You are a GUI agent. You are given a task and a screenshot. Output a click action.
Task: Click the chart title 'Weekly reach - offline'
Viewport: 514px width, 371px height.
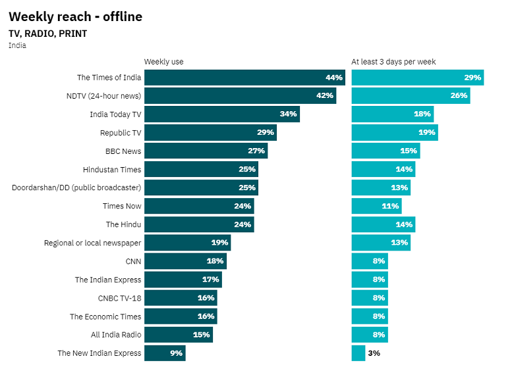click(x=75, y=16)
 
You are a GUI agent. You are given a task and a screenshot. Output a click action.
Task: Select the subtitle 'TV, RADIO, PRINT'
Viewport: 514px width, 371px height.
click(x=47, y=34)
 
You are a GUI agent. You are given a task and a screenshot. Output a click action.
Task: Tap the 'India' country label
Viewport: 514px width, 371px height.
click(x=17, y=45)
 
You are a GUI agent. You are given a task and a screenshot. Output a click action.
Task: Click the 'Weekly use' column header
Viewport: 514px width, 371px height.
click(x=163, y=62)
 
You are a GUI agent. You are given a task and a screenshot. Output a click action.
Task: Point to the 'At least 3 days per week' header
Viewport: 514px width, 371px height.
click(x=393, y=62)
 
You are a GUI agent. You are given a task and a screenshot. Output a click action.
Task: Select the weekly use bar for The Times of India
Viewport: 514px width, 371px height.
click(x=244, y=78)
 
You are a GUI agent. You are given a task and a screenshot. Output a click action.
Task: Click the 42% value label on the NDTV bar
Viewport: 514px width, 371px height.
click(x=325, y=96)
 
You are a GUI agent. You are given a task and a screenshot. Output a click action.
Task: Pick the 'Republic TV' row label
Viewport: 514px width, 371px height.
click(x=121, y=133)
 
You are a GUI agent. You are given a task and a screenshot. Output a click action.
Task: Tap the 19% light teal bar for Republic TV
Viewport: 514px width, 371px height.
click(x=394, y=133)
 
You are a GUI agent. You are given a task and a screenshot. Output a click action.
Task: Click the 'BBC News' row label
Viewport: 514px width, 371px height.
click(x=123, y=151)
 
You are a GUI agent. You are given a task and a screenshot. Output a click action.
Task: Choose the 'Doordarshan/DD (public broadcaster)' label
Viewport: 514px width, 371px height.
click(x=76, y=188)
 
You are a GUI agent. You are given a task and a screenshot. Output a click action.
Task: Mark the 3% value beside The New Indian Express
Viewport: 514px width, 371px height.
click(x=374, y=353)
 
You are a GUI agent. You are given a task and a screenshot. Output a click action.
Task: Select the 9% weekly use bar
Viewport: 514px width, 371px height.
click(x=165, y=353)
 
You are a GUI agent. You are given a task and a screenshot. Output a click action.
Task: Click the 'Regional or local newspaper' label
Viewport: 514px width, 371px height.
click(x=92, y=243)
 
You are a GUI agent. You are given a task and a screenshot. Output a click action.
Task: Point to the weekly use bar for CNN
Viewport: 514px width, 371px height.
click(x=185, y=261)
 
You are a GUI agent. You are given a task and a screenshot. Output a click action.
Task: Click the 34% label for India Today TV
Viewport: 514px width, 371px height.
click(x=288, y=114)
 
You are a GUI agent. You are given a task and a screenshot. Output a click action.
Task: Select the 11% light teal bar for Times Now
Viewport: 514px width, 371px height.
click(x=376, y=207)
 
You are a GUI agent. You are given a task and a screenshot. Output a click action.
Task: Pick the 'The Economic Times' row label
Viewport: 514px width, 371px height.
click(x=105, y=316)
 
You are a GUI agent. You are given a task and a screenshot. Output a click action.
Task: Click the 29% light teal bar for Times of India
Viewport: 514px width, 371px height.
click(x=417, y=78)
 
